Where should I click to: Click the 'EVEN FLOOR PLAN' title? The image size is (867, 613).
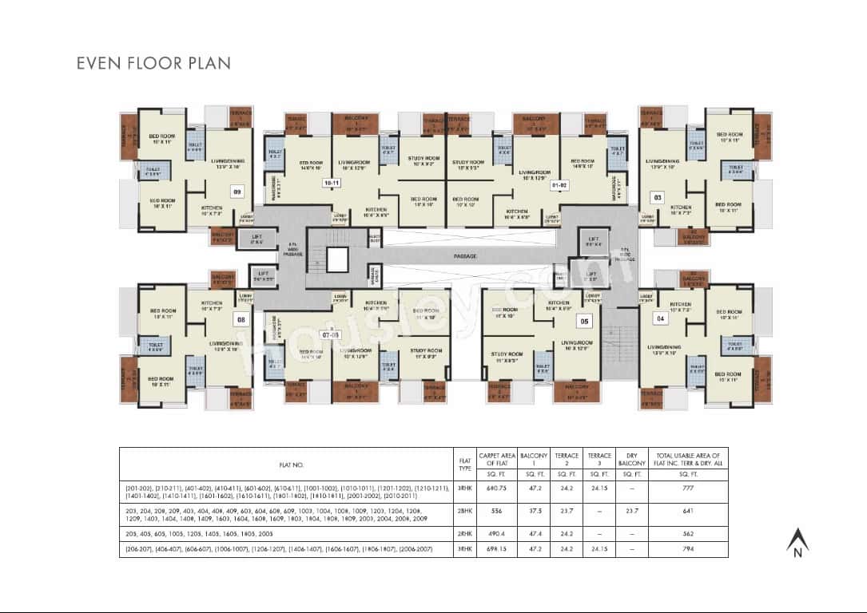tap(153, 63)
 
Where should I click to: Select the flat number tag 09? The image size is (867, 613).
tap(237, 192)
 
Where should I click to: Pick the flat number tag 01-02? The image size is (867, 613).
tap(559, 185)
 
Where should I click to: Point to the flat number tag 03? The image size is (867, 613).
tap(658, 196)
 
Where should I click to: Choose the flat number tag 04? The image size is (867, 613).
tap(660, 318)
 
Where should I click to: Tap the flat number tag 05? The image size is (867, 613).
tap(584, 322)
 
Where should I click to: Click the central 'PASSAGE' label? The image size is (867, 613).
tap(464, 256)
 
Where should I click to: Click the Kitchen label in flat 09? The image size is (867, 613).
tap(212, 209)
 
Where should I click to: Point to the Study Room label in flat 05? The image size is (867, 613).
tap(507, 356)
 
